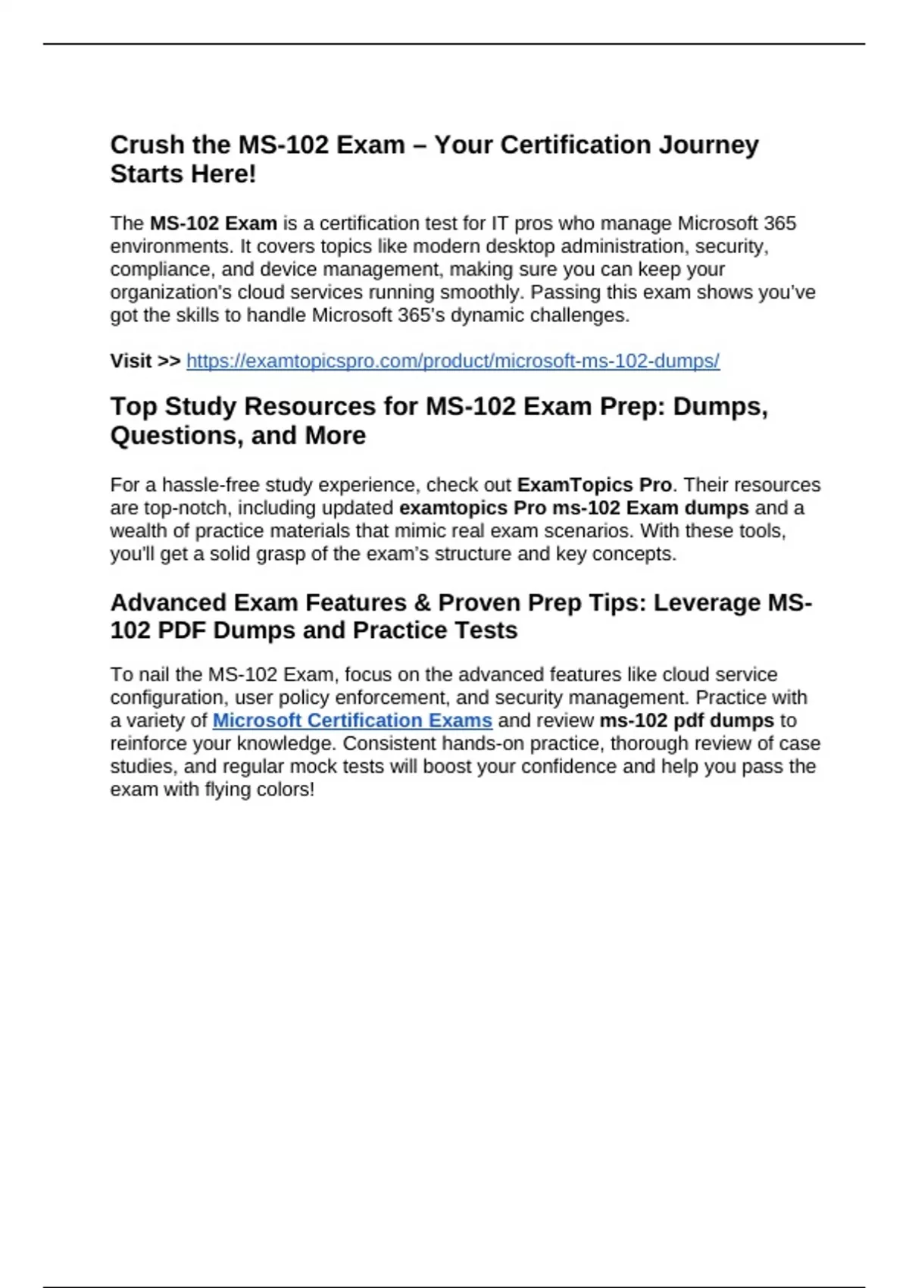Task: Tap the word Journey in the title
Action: pos(708,145)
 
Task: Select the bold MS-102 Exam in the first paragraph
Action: pos(213,224)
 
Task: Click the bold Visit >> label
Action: pos(145,361)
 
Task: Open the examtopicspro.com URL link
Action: pos(452,361)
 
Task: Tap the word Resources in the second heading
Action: pos(311,407)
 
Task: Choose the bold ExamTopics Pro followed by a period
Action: pos(594,485)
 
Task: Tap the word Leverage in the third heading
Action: pos(707,603)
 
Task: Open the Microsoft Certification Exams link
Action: pos(352,721)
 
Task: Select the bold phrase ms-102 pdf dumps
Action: pos(686,721)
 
